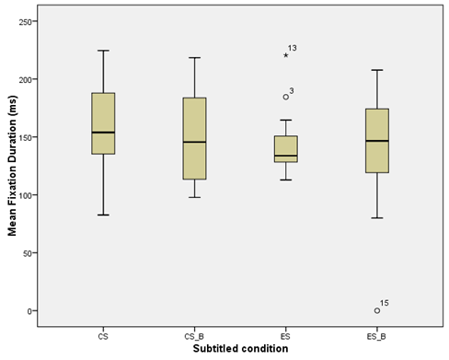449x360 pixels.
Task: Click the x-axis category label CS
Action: (x=103, y=337)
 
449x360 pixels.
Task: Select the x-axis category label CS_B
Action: (x=194, y=337)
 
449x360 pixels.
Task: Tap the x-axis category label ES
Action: (x=285, y=337)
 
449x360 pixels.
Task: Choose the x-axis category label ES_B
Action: (x=377, y=337)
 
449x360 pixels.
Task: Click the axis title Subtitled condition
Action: (x=240, y=351)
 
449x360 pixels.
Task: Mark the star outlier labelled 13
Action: (x=286, y=55)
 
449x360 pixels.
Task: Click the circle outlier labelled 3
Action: (x=286, y=97)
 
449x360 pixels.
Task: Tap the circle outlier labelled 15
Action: (x=377, y=310)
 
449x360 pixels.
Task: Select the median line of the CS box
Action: (x=103, y=133)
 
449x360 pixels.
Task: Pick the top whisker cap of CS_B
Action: (x=194, y=58)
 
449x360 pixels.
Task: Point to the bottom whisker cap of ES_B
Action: (x=377, y=218)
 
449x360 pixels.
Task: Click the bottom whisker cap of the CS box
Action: (x=103, y=215)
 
